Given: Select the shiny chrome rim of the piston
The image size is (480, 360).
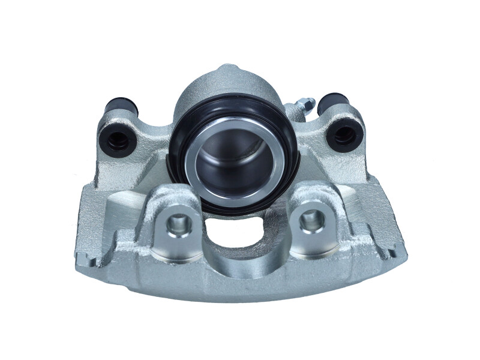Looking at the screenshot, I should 198,180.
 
